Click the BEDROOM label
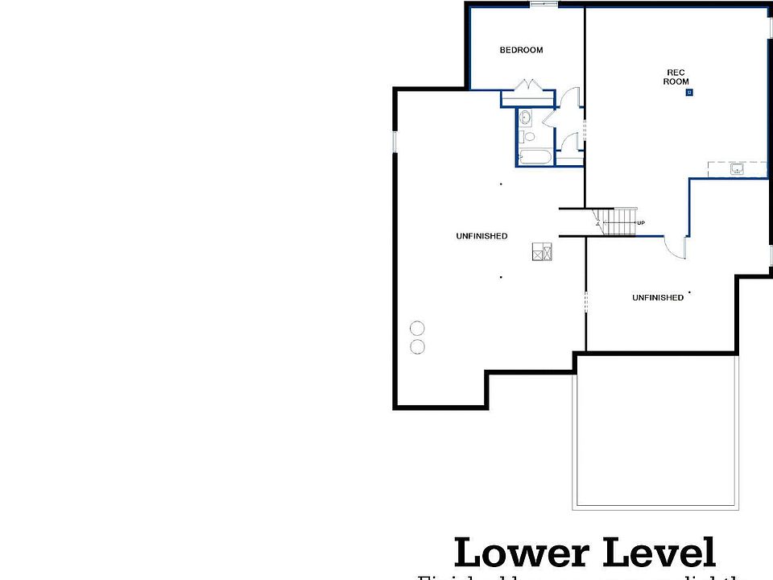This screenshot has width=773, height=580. (x=521, y=50)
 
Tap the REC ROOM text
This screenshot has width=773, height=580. (x=676, y=77)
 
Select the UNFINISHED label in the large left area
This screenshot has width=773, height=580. (x=482, y=236)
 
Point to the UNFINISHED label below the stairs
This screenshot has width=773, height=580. (x=657, y=298)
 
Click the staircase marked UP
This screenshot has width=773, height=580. (x=618, y=222)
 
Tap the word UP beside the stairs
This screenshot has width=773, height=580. (x=641, y=223)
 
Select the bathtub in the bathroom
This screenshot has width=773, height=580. (x=535, y=157)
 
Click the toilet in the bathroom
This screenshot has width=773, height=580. (x=528, y=136)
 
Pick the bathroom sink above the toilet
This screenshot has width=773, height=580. (x=525, y=118)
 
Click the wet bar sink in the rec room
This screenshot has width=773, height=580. (x=737, y=169)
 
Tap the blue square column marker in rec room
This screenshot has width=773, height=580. (x=689, y=93)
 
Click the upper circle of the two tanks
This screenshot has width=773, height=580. (x=417, y=328)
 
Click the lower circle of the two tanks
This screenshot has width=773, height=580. (x=417, y=346)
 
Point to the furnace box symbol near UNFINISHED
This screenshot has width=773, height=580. (x=542, y=251)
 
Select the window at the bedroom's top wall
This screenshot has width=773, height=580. (x=544, y=5)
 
